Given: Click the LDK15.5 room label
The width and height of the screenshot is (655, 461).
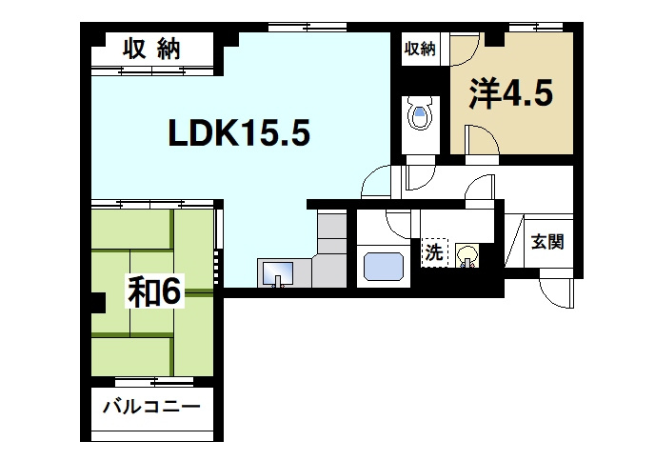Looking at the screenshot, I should click(239, 134).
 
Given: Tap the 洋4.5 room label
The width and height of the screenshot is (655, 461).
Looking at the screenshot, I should click(509, 94).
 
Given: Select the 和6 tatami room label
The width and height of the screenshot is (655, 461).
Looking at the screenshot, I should click(154, 292).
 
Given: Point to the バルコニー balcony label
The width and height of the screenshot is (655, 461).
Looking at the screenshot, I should click(151, 409).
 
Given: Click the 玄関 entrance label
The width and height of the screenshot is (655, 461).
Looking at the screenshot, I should click(546, 241).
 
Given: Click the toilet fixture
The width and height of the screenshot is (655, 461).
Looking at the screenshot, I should click(419, 115).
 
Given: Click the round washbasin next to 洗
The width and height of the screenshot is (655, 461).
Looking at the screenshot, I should click(466, 255).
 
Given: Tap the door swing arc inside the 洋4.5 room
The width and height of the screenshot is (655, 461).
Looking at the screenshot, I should click(486, 143).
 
